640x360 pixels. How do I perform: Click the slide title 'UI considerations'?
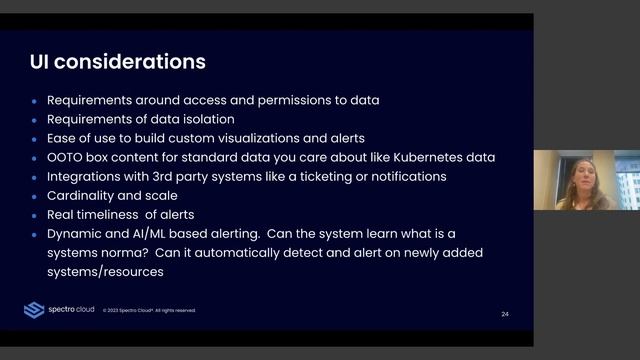point(118,62)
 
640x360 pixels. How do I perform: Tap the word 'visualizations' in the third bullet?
point(313,138)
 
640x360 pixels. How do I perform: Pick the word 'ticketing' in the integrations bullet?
point(334,176)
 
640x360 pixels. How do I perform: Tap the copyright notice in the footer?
point(149,310)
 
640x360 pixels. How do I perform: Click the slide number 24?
point(505,314)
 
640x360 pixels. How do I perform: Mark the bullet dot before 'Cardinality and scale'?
point(34,196)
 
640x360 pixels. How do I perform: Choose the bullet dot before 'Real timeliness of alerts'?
point(34,215)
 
